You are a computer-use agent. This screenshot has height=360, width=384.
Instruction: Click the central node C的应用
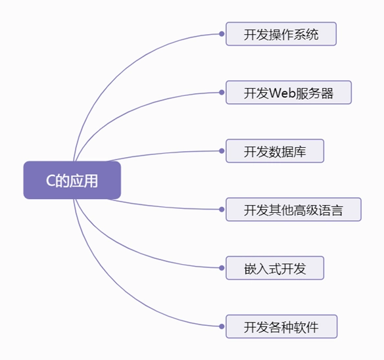pos(72,180)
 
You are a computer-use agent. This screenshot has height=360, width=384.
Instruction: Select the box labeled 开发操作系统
pos(281,34)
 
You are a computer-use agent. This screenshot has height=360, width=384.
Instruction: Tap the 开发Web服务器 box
pos(288,93)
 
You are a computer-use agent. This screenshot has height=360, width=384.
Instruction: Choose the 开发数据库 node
pos(275,151)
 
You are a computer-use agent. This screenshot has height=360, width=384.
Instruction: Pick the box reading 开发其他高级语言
pos(293,210)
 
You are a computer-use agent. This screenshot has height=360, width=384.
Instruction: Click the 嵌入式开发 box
pos(275,268)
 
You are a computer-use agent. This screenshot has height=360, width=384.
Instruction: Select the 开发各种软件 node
pos(281,326)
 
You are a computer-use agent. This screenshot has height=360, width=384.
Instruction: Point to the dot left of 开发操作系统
pos(222,34)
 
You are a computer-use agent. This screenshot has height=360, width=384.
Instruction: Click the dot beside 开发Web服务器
pos(222,93)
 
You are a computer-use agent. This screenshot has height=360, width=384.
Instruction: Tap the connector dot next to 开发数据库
pos(222,151)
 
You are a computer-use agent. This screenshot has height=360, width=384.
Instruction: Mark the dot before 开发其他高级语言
pos(222,210)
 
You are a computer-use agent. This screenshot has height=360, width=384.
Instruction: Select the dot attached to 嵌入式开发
pos(222,268)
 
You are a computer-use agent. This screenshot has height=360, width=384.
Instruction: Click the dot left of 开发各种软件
pos(222,326)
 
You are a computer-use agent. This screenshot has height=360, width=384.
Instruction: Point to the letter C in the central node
pos(50,181)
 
